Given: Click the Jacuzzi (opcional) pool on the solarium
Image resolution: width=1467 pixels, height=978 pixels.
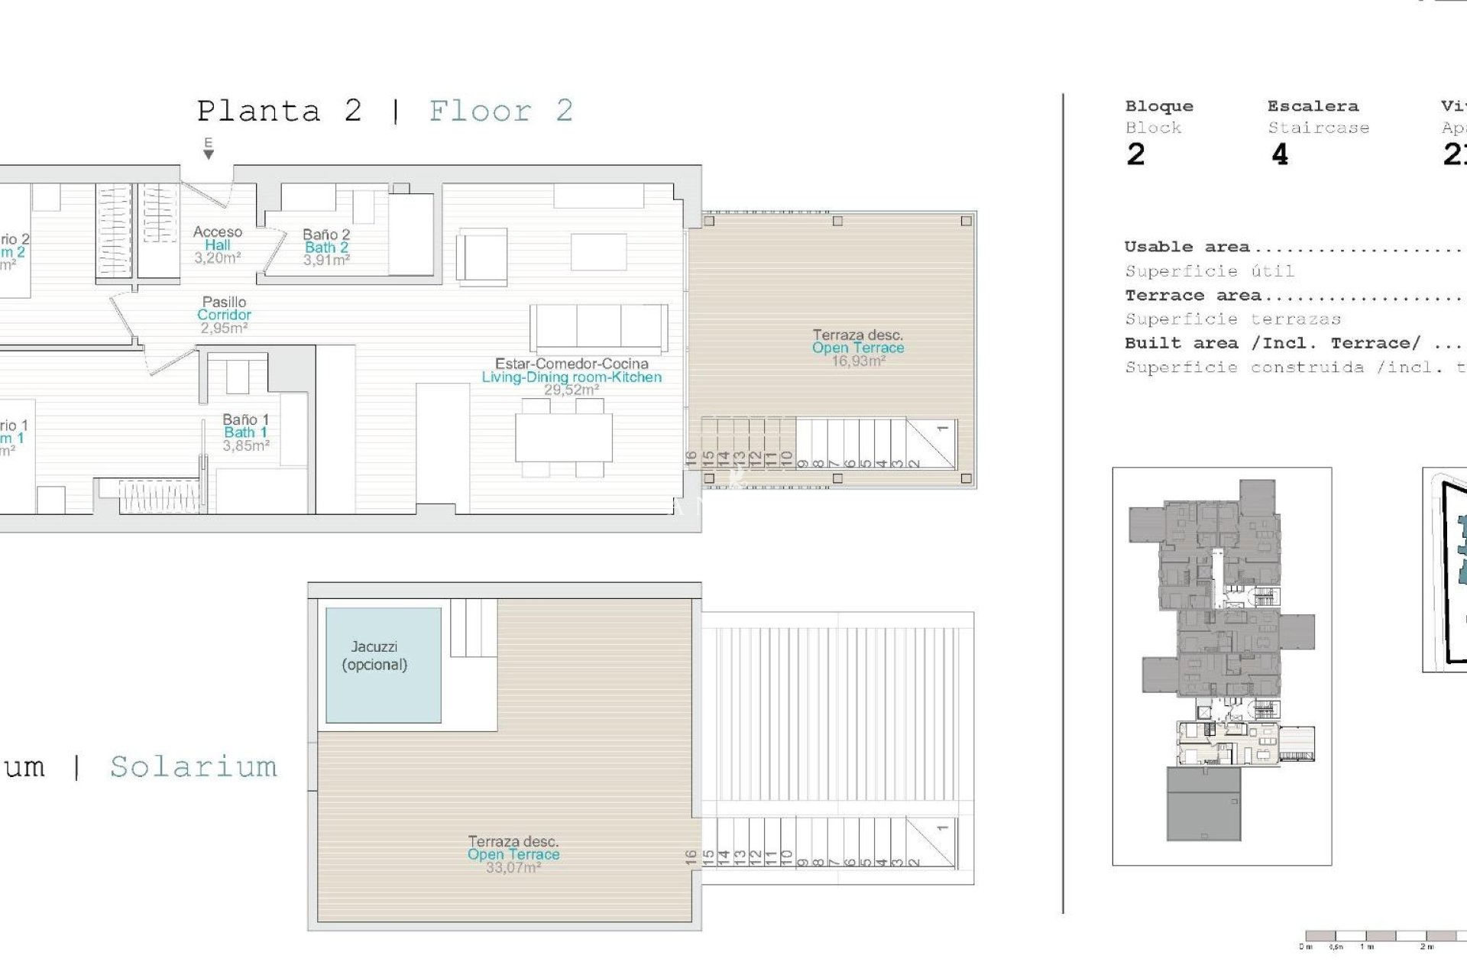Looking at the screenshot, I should pos(383,665).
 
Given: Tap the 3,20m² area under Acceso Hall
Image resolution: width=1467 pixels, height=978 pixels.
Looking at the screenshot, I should pos(218,258).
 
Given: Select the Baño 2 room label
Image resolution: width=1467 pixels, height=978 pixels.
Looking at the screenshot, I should pos(326,235).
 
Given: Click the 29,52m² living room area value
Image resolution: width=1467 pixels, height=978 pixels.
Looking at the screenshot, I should pos(571,390).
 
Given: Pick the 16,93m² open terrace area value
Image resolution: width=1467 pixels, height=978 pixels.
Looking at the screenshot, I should pos(858,361).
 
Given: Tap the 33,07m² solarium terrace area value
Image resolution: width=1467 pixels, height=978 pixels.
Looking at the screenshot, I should pos(513,867).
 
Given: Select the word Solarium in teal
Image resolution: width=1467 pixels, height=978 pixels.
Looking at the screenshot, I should pos(193,766).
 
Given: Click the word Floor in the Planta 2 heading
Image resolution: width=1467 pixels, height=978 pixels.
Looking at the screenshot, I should pos(480,112).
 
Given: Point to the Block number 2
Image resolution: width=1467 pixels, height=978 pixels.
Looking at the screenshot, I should pos(1135,154).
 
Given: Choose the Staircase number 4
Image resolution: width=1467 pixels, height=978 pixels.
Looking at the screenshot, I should pos(1280,154).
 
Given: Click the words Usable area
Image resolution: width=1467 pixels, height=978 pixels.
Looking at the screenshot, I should pos(1187,247).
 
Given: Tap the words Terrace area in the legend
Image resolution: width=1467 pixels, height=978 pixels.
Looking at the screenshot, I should pos(1192,295).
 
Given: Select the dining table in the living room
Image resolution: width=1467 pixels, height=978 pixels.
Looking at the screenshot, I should pos(564,437).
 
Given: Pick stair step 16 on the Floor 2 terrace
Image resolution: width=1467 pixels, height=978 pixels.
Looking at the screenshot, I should pos(691,458).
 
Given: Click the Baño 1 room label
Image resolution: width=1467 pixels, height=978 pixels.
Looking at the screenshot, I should pos(245,419).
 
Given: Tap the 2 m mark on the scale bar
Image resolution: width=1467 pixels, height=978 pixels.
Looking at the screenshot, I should pos(1427,947).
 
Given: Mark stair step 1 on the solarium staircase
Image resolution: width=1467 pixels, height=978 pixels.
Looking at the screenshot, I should pos(943,827).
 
